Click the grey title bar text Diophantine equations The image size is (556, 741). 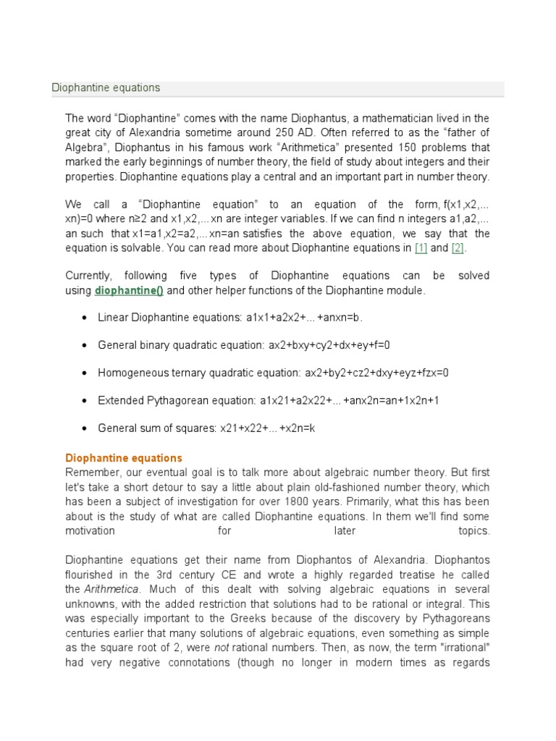click(x=106, y=88)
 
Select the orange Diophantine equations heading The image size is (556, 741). click(x=124, y=458)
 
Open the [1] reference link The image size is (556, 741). click(x=421, y=248)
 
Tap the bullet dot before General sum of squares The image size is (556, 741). click(x=85, y=428)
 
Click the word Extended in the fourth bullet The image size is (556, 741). click(x=118, y=400)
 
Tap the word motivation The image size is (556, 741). click(x=90, y=530)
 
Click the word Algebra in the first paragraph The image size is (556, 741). click(x=85, y=146)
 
